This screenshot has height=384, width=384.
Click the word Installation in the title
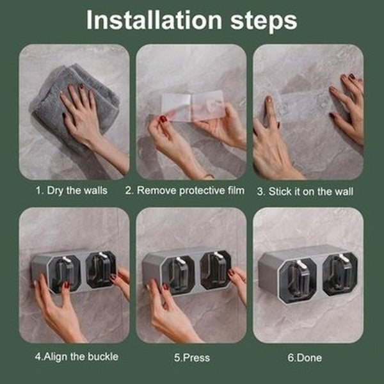pyautogui.click(x=154, y=20)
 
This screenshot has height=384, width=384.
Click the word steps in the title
pyautogui.click(x=264, y=22)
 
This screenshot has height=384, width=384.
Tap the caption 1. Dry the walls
pyautogui.click(x=72, y=191)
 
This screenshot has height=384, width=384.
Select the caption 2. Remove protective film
pyautogui.click(x=185, y=191)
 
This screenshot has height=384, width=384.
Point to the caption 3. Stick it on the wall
pyautogui.click(x=305, y=191)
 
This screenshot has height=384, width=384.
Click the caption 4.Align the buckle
pyautogui.click(x=77, y=356)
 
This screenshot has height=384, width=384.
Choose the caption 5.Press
pyautogui.click(x=192, y=358)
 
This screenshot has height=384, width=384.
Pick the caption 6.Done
pyautogui.click(x=305, y=358)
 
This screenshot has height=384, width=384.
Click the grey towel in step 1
pyautogui.click(x=74, y=106)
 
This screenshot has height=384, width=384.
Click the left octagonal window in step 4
pyautogui.click(x=64, y=275)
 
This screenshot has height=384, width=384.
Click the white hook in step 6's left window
pyautogui.click(x=300, y=265)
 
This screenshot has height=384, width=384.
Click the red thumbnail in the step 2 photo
pyautogui.click(x=163, y=120)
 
